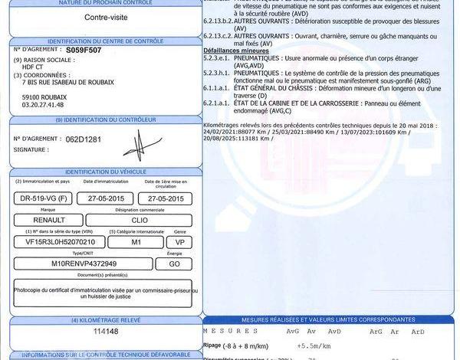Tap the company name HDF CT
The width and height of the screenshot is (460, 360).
coord(35,67)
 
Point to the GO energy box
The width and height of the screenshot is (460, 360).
coord(175,263)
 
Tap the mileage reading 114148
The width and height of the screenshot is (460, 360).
coord(106,331)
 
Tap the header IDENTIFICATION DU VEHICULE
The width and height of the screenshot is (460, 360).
coord(106,172)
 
